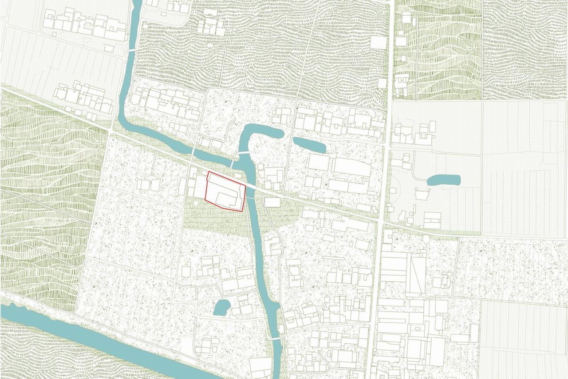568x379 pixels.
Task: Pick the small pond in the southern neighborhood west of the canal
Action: click(221, 307)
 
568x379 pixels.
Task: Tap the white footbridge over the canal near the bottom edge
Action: click(276, 339)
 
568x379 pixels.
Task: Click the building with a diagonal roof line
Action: click(416, 275)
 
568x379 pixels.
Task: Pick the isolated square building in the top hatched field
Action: click(379, 43)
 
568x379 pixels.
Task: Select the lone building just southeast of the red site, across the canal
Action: click(272, 202)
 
